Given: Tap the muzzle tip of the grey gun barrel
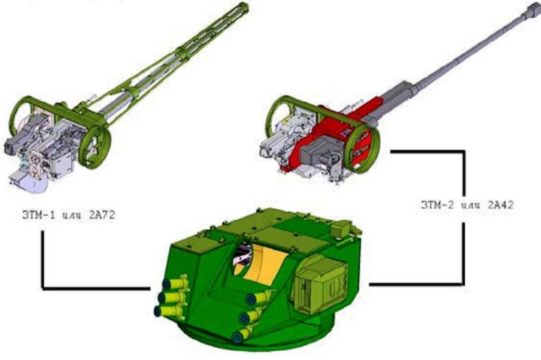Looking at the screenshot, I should (x=534, y=9).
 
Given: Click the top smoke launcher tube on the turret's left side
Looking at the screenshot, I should (x=175, y=283).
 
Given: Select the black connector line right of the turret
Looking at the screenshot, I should (x=416, y=284).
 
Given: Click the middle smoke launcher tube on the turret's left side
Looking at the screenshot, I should (x=172, y=297).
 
